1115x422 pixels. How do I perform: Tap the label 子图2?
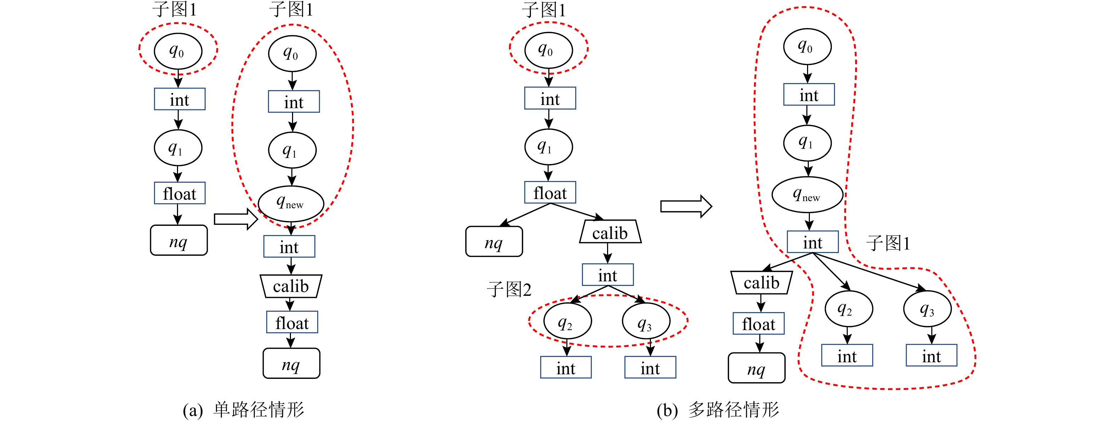pyautogui.click(x=509, y=289)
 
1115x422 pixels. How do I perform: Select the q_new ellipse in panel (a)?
pyautogui.click(x=291, y=203)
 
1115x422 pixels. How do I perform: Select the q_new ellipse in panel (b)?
pyautogui.click(x=807, y=195)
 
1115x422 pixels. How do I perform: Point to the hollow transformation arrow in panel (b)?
pyautogui.click(x=686, y=206)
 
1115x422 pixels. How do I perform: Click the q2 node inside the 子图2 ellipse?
pyautogui.click(x=567, y=321)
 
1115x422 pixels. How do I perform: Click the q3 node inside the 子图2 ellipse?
pyautogui.click(x=646, y=321)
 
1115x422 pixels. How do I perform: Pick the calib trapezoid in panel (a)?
pyautogui.click(x=291, y=286)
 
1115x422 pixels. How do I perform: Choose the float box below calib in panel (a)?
pyautogui.click(x=292, y=323)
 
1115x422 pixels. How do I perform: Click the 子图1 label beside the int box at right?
pyautogui.click(x=888, y=243)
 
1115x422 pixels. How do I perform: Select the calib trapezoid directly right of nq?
pyautogui.click(x=610, y=233)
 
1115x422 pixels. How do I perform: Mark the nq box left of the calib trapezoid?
pyautogui.click(x=494, y=242)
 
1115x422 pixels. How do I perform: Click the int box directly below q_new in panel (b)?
pyautogui.click(x=812, y=242)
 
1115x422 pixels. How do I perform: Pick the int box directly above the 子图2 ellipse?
pyautogui.click(x=607, y=275)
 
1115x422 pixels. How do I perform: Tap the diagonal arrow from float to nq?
pyautogui.click(x=526, y=214)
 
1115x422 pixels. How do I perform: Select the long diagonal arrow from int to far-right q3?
pyautogui.click(x=870, y=271)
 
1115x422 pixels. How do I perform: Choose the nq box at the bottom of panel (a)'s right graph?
pyautogui.click(x=291, y=364)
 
